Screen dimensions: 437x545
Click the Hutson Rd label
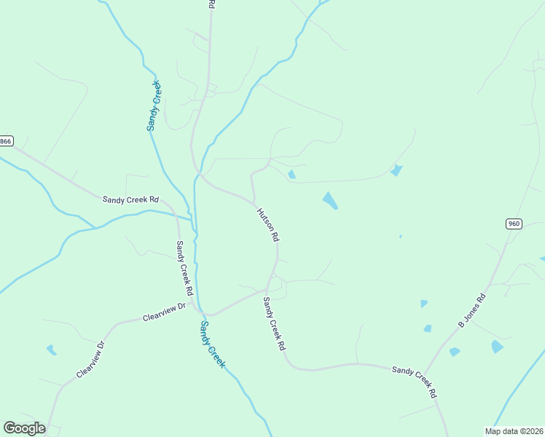click(x=267, y=225)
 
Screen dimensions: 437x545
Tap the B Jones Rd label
click(x=471, y=310)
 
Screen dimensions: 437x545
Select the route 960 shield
click(x=514, y=224)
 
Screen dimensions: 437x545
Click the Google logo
click(x=24, y=428)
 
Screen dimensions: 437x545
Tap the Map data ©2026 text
click(x=514, y=430)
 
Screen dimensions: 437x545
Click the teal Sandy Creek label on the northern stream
click(x=154, y=105)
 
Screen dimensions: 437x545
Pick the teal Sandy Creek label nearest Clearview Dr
click(x=212, y=345)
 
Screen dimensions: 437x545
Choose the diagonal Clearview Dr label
click(x=91, y=360)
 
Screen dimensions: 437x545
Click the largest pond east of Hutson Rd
click(x=330, y=200)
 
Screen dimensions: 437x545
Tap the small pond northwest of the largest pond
click(x=291, y=174)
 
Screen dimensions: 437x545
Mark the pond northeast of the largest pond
click(x=396, y=170)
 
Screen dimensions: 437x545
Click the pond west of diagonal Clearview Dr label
click(x=51, y=350)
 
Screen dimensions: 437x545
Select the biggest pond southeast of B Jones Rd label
click(x=497, y=347)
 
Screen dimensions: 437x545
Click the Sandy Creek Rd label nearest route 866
click(x=130, y=199)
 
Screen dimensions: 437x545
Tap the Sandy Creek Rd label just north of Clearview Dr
click(x=184, y=268)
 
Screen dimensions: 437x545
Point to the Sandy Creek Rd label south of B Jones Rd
click(x=415, y=382)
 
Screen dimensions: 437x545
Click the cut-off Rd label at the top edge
click(x=211, y=4)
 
